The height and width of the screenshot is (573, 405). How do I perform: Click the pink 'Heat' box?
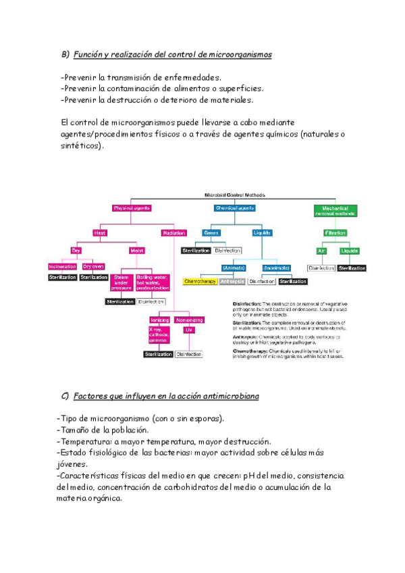tap(99, 232)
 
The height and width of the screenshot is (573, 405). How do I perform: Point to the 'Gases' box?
tap(210, 232)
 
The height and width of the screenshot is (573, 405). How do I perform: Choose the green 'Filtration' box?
tap(335, 232)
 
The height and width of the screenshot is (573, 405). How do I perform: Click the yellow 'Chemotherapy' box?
tap(199, 281)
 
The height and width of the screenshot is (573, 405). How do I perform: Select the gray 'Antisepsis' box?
tap(232, 281)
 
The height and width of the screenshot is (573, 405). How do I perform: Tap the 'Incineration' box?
tap(63, 266)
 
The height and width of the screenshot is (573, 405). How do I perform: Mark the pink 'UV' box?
tap(188, 330)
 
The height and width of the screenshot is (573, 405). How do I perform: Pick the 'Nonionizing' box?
tap(189, 320)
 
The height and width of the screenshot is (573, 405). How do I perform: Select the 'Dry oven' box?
tap(93, 266)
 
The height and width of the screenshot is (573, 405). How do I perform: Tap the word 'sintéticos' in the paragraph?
tap(81, 145)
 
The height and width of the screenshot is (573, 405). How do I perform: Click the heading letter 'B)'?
tap(65, 55)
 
